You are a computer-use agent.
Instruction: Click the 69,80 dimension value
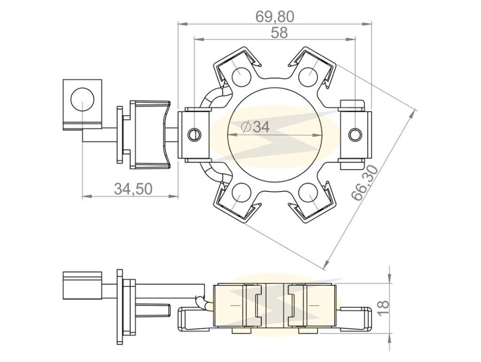(x=275, y=17)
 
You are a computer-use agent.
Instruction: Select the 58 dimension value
(x=279, y=33)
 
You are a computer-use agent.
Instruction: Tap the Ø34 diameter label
(x=256, y=126)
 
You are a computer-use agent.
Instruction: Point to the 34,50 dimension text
(x=133, y=189)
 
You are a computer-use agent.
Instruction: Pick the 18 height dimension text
(x=383, y=308)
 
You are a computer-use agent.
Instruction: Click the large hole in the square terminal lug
(x=83, y=99)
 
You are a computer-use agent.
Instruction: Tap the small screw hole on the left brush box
(x=194, y=134)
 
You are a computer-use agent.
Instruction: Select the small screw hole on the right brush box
(x=355, y=134)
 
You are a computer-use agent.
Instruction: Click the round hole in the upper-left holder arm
(x=241, y=76)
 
